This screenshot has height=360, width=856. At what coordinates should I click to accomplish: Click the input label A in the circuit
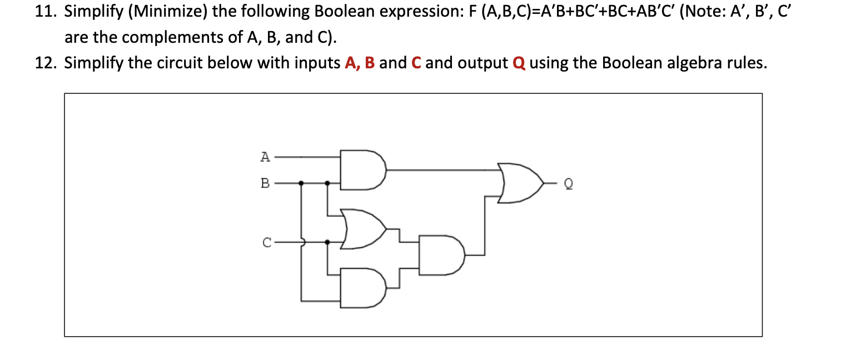point(265,157)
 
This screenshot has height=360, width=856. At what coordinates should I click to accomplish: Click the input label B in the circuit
point(265,182)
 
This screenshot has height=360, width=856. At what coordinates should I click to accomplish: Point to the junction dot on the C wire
point(327,242)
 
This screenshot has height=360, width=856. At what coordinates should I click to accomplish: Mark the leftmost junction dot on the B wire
point(301,182)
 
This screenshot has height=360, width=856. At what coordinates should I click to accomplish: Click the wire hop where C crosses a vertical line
point(302,242)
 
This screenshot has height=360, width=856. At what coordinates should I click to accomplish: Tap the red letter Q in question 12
point(519,63)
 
